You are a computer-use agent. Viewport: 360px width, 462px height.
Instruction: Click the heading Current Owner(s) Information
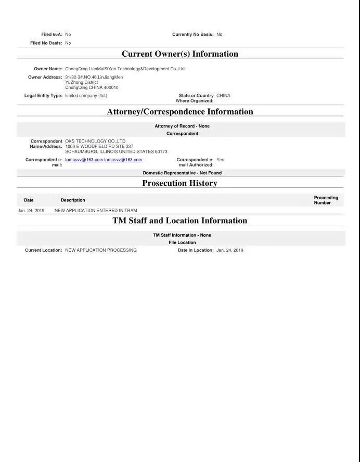click(179, 54)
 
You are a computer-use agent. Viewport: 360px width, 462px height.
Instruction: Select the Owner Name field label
click(48, 69)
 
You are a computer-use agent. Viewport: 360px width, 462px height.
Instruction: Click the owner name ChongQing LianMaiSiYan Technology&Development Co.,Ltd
click(125, 69)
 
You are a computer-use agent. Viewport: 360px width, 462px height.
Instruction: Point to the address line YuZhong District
click(81, 82)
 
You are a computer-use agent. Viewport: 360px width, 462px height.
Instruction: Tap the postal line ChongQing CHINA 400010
click(92, 87)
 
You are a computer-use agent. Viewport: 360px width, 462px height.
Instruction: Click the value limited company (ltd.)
click(86, 96)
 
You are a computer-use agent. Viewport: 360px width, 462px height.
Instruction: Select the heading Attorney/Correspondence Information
click(179, 111)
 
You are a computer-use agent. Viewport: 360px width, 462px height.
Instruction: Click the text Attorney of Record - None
click(182, 126)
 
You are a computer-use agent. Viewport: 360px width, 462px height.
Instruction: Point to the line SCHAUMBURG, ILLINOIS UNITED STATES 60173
click(116, 151)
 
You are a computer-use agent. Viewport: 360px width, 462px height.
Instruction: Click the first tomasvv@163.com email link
click(84, 160)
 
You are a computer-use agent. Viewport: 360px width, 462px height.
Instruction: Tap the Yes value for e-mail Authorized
click(220, 160)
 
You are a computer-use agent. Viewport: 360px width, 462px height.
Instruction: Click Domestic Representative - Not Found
click(182, 173)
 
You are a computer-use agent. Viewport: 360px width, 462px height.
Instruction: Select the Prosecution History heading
click(179, 183)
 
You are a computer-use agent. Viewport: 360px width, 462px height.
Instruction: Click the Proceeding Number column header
click(326, 200)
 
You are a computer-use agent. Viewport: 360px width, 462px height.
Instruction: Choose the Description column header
click(73, 200)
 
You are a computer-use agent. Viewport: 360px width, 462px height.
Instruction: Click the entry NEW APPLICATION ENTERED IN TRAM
click(96, 211)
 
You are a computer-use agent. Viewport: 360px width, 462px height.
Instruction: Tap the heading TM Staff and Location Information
click(179, 221)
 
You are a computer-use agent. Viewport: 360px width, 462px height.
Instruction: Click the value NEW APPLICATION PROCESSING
click(101, 250)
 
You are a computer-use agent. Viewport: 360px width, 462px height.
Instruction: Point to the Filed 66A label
click(52, 34)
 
